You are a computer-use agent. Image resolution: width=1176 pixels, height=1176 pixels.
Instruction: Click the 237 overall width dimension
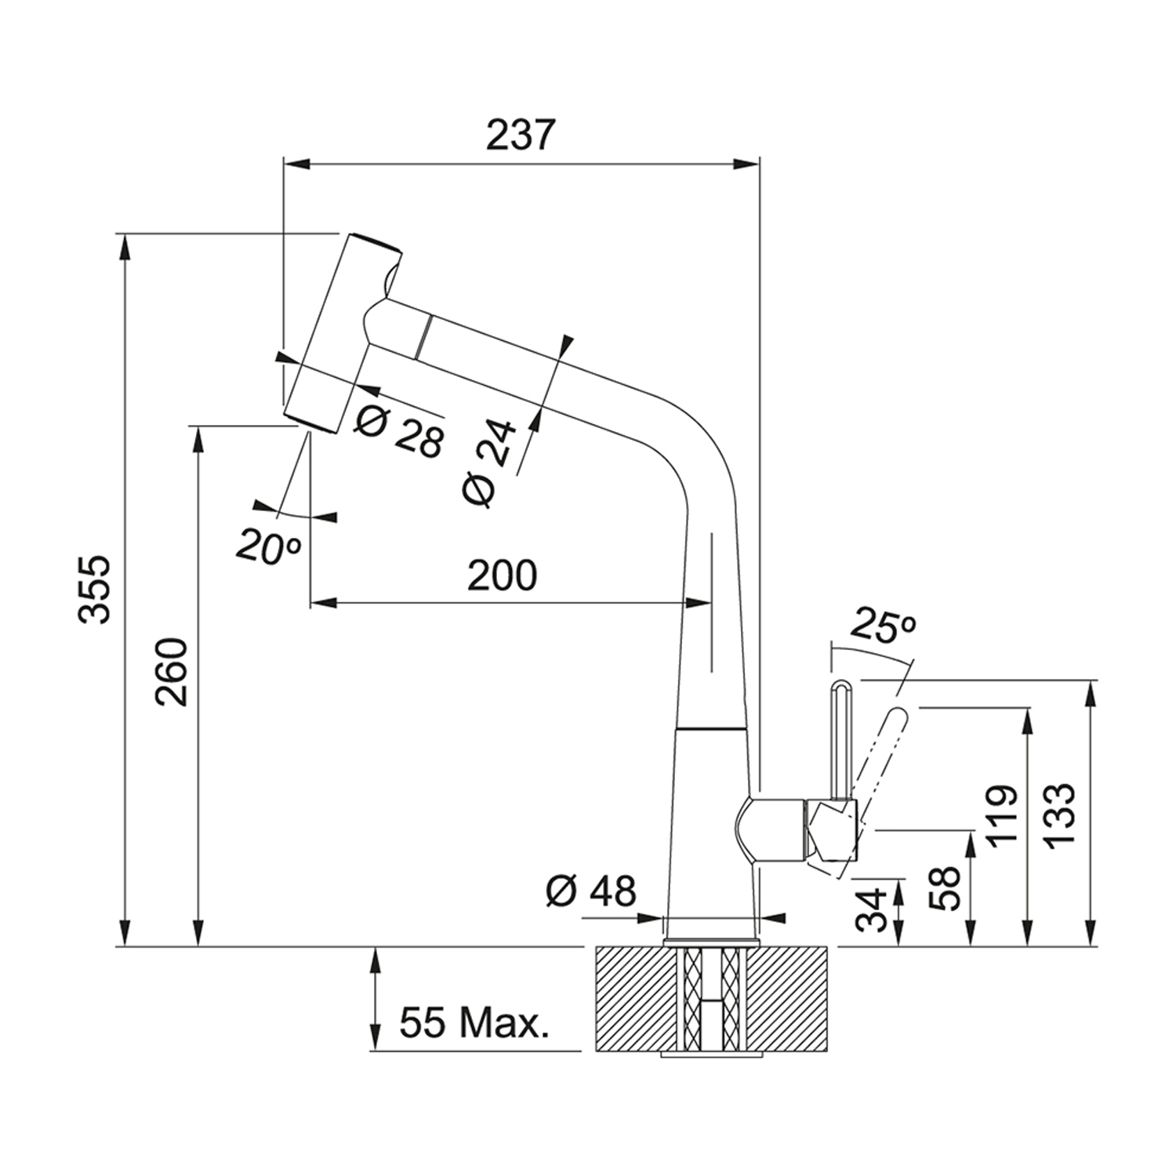520,135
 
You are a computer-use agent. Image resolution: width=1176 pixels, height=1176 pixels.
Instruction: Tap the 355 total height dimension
96,589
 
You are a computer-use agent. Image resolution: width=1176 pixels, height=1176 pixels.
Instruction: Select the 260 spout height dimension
172,672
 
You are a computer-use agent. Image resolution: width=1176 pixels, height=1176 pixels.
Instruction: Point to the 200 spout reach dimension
503,576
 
